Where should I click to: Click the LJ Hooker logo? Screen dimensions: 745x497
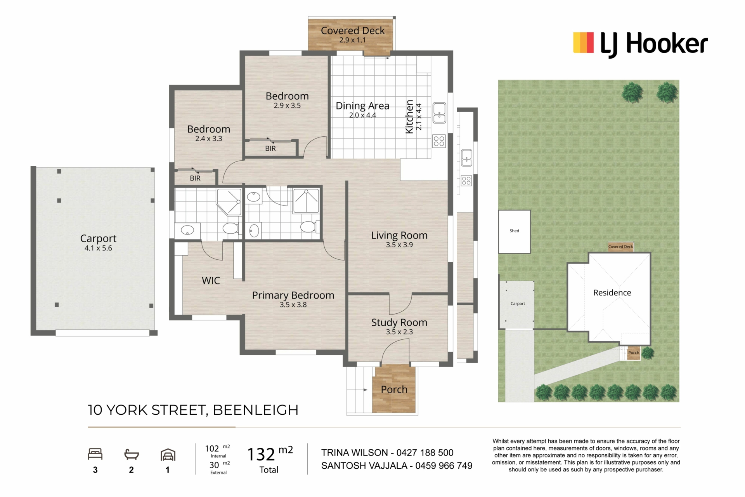(640, 44)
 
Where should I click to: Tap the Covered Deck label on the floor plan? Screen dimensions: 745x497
(353, 31)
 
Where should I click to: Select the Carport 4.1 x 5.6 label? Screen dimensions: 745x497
(98, 243)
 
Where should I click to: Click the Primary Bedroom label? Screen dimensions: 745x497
(293, 295)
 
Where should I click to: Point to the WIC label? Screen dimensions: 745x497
(211, 281)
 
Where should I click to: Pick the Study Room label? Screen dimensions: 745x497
(399, 323)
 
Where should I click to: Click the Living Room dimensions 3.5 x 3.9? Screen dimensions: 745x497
(399, 245)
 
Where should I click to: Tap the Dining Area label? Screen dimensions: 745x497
(362, 106)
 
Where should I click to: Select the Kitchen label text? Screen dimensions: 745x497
(409, 117)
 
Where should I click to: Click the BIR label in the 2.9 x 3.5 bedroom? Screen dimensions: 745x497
(270, 149)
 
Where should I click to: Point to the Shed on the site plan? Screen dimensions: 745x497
(514, 231)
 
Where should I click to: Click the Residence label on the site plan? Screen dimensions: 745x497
(612, 293)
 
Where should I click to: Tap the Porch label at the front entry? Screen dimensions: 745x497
(394, 389)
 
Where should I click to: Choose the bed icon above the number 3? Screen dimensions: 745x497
(95, 454)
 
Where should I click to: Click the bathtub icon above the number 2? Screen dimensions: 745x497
(132, 454)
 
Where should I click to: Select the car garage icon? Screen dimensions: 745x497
(168, 455)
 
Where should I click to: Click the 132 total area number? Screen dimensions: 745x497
(261, 454)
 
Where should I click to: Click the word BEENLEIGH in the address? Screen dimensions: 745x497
(255, 410)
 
